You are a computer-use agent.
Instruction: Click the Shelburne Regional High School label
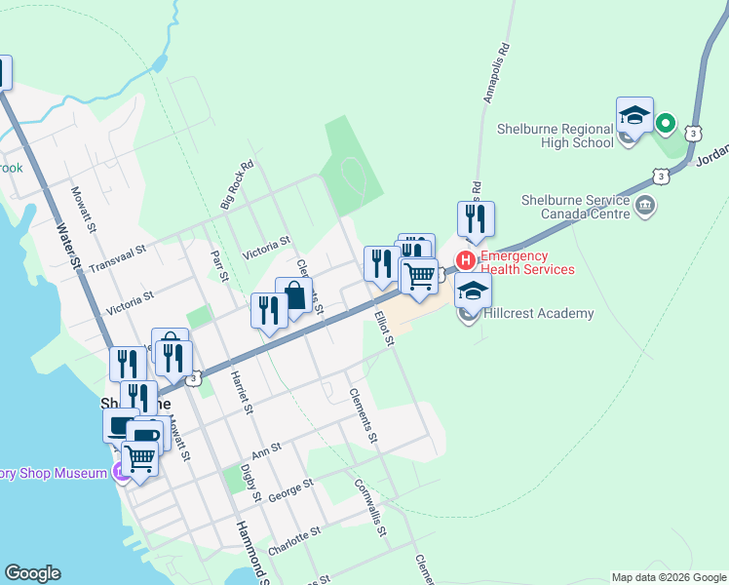[x=555, y=135]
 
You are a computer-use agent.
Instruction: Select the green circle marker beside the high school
[x=665, y=124]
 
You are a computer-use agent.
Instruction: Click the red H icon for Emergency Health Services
[x=466, y=260]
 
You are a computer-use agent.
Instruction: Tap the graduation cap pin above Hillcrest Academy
[x=473, y=292]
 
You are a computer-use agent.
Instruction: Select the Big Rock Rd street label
[x=237, y=184]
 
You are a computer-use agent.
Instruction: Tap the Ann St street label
[x=266, y=449]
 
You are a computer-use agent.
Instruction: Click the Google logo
[x=32, y=573]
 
